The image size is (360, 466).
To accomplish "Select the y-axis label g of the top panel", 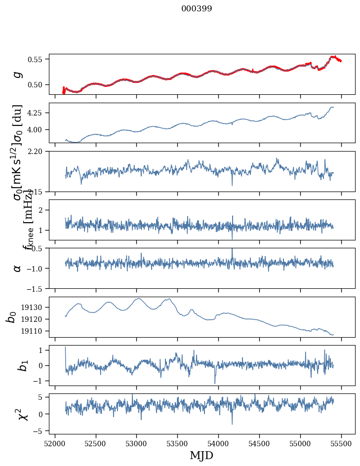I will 18,74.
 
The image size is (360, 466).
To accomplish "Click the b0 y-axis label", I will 11,317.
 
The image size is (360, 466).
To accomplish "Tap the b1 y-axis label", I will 11,365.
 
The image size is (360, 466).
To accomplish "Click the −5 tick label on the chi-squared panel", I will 40,431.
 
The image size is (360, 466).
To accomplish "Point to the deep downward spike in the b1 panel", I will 215,383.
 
